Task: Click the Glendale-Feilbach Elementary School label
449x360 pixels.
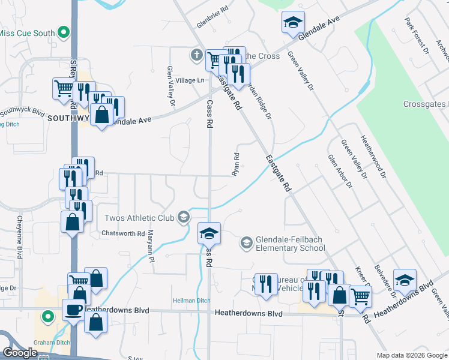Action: [290, 244]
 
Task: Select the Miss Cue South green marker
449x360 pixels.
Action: [64, 33]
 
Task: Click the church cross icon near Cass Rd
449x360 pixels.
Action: [196, 56]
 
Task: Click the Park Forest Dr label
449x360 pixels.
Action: [417, 36]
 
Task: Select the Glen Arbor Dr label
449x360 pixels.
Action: [340, 170]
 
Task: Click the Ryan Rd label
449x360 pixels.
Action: [236, 164]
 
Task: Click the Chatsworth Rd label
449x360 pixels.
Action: [124, 233]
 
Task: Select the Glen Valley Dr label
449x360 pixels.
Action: [171, 86]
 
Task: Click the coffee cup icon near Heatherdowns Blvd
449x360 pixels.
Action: [73, 310]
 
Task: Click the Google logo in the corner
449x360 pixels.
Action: [20, 353]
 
